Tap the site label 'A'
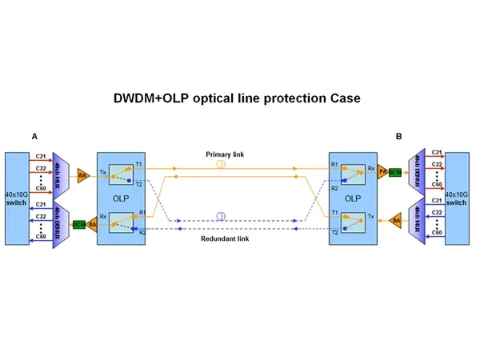[x=34, y=137]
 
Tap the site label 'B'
[x=398, y=137]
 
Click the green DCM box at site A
[x=78, y=225]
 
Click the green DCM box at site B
[x=395, y=172]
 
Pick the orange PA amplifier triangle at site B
[x=382, y=172]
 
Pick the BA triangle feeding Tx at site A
[x=83, y=174]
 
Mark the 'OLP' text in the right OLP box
[x=352, y=197]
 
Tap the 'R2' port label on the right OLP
[x=334, y=187]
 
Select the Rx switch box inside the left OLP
[x=122, y=220]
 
